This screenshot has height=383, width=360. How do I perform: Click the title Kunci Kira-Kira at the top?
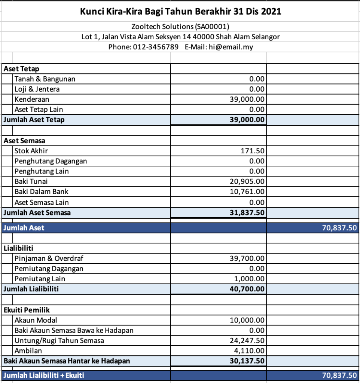(180, 12)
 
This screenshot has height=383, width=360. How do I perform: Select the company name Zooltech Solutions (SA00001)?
(180, 27)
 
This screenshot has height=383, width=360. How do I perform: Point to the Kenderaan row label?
(32, 99)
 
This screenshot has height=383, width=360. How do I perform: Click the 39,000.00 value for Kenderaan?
(247, 99)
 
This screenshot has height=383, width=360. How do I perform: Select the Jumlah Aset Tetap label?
(34, 120)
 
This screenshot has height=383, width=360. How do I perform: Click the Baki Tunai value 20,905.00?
(247, 181)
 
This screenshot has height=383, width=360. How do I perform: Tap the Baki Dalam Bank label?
(42, 191)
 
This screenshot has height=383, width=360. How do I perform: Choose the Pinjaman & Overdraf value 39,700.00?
(247, 258)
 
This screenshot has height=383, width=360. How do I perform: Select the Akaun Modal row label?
(36, 320)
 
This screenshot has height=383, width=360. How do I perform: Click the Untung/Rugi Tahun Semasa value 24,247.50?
(247, 340)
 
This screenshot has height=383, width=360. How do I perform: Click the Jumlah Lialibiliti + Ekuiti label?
(43, 375)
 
